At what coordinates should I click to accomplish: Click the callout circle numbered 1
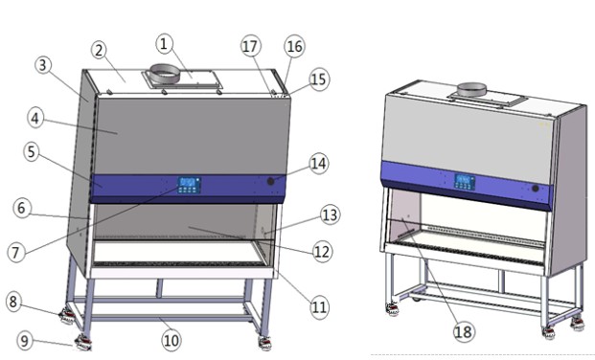pyautogui.click(x=164, y=44)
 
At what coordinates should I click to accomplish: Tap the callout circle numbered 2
pyautogui.click(x=99, y=50)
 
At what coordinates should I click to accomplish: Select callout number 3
pyautogui.click(x=43, y=65)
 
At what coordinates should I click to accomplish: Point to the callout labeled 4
pyautogui.click(x=35, y=119)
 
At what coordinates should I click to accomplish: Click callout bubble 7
pyautogui.click(x=15, y=252)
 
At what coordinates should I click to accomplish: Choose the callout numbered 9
pyautogui.click(x=25, y=341)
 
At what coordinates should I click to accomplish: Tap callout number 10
pyautogui.click(x=172, y=340)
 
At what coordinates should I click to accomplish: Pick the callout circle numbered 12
pyautogui.click(x=322, y=252)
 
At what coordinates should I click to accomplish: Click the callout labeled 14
pyautogui.click(x=319, y=164)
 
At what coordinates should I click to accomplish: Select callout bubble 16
pyautogui.click(x=294, y=46)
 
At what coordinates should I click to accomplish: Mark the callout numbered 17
pyautogui.click(x=251, y=46)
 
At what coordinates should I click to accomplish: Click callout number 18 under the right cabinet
pyautogui.click(x=464, y=332)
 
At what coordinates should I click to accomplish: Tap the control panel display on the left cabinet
pyautogui.click(x=189, y=185)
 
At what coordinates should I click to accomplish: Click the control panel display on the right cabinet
pyautogui.click(x=465, y=182)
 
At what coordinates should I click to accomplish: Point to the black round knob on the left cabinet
pyautogui.click(x=270, y=181)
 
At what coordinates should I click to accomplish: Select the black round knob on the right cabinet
pyautogui.click(x=536, y=189)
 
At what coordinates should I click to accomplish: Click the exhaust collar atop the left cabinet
pyautogui.click(x=164, y=74)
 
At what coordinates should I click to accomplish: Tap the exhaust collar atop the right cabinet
pyautogui.click(x=471, y=89)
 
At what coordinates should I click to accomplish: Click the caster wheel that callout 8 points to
pyautogui.click(x=67, y=316)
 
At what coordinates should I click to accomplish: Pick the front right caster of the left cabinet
pyautogui.click(x=264, y=343)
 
